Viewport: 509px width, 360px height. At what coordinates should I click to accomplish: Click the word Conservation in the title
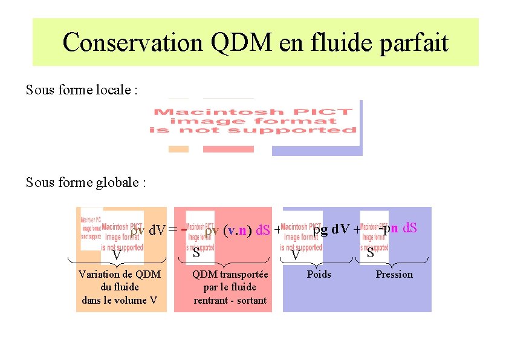pos(132,43)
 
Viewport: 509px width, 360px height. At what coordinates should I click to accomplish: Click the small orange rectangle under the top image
pos(178,149)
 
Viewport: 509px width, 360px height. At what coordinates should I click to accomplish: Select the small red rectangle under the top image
pos(228,149)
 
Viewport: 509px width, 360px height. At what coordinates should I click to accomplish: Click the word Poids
pos(319,275)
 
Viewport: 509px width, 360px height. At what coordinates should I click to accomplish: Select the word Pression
pos(394,275)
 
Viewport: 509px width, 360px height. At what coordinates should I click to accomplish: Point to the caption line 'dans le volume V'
pos(120,300)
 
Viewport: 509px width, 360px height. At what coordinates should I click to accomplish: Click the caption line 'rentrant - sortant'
pos(230,300)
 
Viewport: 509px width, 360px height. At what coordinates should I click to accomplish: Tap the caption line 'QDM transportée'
pos(230,275)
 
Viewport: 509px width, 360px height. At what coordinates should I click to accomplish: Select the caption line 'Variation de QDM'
pos(120,275)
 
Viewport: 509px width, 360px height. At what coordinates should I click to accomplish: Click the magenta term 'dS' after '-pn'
pos(410,228)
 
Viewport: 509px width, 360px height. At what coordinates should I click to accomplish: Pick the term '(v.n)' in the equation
pos(237,231)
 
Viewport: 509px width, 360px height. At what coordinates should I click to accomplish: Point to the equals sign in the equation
pos(173,230)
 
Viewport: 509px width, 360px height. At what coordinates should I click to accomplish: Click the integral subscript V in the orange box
pos(117,256)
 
